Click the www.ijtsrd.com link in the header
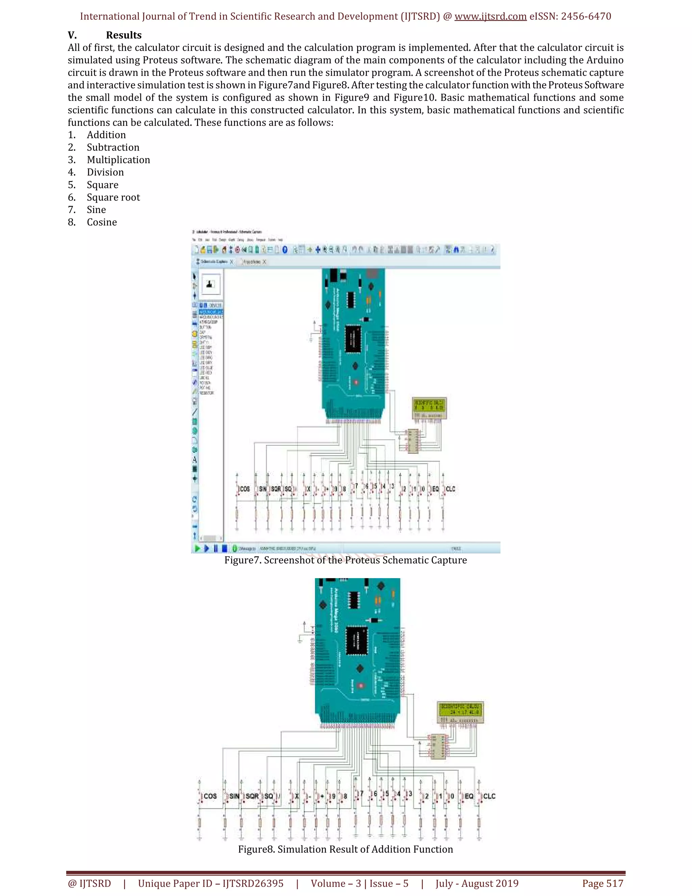coord(490,17)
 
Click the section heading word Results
coord(123,35)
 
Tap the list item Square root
coord(113,197)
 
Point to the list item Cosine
coord(102,222)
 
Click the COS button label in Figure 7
coord(245,489)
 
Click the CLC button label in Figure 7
coord(450,489)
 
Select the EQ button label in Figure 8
coord(469,796)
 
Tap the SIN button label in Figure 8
coord(234,796)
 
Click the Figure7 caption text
coord(345,560)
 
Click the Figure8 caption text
coord(345,849)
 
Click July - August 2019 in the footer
coord(477,883)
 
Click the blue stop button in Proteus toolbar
coord(224,548)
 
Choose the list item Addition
coord(106,135)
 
